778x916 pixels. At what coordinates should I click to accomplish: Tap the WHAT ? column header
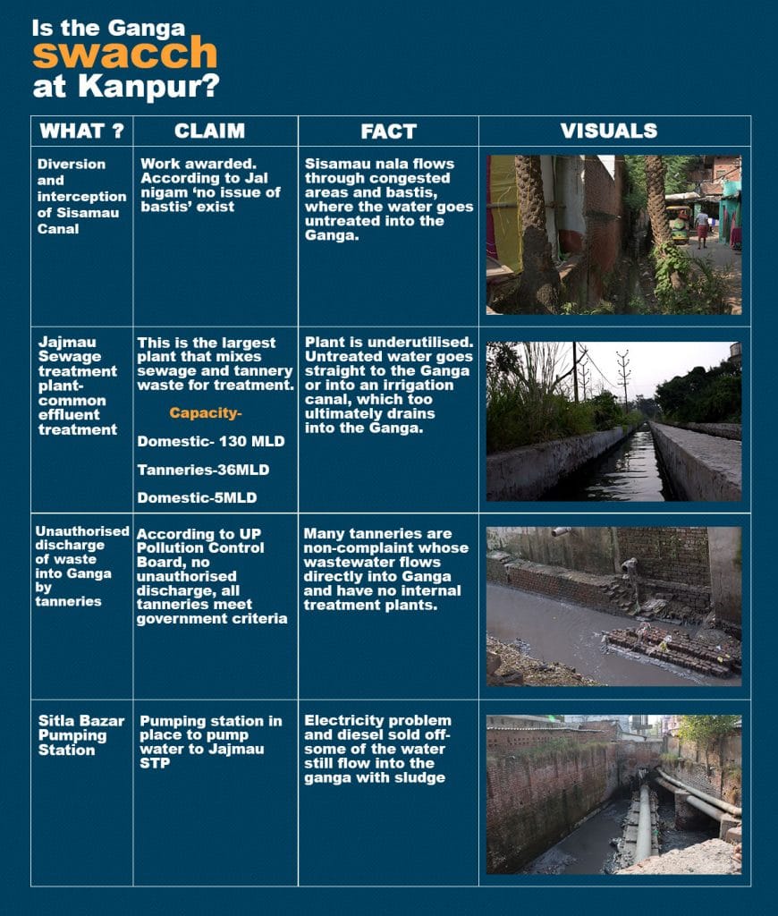(x=81, y=131)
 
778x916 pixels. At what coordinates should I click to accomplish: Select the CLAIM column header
(x=210, y=131)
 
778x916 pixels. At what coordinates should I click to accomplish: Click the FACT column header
(x=388, y=131)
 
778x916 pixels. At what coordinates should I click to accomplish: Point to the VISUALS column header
(x=609, y=131)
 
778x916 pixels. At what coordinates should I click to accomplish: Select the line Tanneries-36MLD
(x=203, y=470)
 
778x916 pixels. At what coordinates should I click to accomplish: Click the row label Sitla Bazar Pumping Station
(x=73, y=734)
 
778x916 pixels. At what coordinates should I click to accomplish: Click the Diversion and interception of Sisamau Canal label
(x=81, y=197)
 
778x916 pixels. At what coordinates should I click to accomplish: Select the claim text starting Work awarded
(x=212, y=185)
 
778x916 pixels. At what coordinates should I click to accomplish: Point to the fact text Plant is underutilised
(x=388, y=385)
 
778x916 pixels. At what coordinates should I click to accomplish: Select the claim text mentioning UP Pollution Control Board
(x=211, y=576)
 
